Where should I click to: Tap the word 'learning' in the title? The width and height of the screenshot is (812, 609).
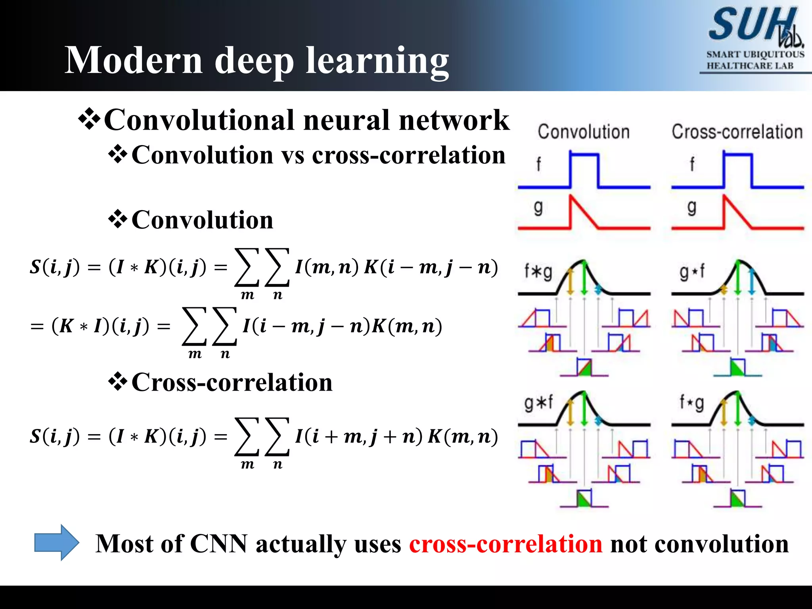[x=377, y=61]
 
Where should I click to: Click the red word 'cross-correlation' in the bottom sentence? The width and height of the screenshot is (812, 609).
[x=506, y=544]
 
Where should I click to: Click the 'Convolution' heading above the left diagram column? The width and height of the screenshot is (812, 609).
[x=583, y=132]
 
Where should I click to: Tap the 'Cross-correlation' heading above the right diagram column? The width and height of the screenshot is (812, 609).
[x=737, y=132]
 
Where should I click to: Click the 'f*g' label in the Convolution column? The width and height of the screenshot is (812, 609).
[x=538, y=272]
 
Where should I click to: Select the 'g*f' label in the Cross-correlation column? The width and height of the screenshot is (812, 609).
[x=692, y=272]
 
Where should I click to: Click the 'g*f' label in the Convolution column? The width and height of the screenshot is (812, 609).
[x=538, y=403]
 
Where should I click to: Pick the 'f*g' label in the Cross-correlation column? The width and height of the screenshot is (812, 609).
[x=692, y=403]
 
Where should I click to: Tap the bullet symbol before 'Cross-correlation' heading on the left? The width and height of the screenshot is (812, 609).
[x=118, y=382]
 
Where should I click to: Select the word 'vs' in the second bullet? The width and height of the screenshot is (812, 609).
[x=293, y=155]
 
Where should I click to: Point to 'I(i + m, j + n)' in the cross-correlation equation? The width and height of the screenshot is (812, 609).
[x=359, y=437]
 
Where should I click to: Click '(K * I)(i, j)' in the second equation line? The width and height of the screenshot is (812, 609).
[x=101, y=326]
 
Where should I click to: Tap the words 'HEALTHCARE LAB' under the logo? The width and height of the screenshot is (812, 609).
[x=750, y=66]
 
